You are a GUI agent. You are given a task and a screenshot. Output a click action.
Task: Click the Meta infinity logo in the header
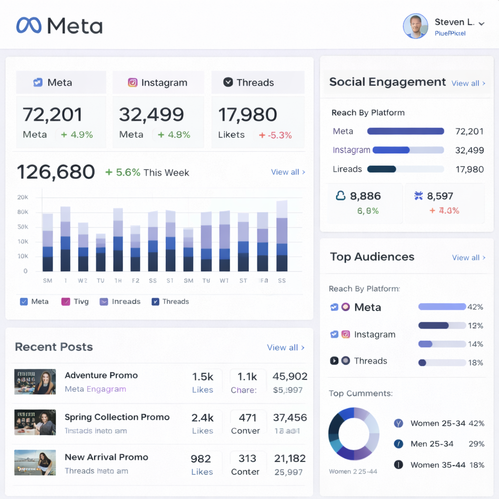pos(29,25)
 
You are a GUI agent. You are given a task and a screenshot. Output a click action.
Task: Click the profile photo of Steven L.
pos(415,26)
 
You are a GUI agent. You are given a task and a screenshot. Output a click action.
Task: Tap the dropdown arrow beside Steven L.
pos(481,23)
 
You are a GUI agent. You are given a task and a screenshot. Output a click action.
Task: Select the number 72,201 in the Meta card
pos(53,115)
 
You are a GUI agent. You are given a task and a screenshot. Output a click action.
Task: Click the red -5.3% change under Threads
pos(275,135)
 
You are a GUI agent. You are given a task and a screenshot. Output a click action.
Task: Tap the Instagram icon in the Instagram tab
pos(133,82)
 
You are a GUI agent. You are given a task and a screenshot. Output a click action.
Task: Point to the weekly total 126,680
pos(56,172)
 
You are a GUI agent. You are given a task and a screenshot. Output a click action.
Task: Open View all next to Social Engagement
pos(468,83)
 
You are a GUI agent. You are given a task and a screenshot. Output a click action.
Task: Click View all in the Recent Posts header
pos(286,347)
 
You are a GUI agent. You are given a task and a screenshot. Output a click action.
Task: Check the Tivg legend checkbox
pos(66,302)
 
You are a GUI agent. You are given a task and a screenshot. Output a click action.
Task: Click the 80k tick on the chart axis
pos(23,212)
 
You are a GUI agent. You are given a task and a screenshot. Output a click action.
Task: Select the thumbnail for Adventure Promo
pos(35,382)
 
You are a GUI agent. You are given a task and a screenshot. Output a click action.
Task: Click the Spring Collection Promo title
pos(117,417)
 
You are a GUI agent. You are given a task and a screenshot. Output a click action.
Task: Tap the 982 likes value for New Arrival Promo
pos(201,459)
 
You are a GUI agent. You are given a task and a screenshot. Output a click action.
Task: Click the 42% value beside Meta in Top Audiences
pos(475,307)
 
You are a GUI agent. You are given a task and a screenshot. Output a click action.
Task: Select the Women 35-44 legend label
pos(438,465)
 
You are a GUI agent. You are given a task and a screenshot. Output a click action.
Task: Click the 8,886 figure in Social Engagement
pos(365,196)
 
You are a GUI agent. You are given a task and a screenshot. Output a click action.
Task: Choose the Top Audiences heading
pos(372,257)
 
